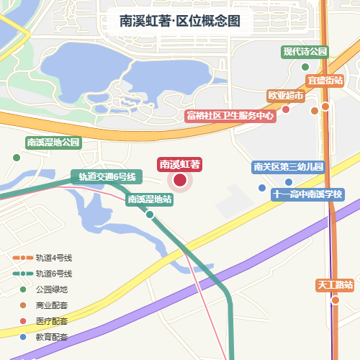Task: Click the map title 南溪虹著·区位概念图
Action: [180, 22]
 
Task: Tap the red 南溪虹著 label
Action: [180, 164]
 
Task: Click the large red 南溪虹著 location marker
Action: [180, 181]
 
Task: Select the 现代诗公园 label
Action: [305, 52]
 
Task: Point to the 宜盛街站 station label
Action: [325, 80]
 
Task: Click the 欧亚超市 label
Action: [286, 95]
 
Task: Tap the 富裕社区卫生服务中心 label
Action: [230, 115]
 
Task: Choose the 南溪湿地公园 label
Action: [53, 143]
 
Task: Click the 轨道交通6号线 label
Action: [107, 176]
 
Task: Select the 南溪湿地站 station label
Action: [150, 199]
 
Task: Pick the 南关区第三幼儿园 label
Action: [289, 167]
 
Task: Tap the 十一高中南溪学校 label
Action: [307, 194]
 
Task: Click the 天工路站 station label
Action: [335, 285]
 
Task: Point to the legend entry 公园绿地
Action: [52, 289]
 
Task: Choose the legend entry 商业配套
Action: [52, 305]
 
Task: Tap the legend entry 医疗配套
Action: [52, 321]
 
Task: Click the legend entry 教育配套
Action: [52, 337]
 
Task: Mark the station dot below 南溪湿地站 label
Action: [150, 215]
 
